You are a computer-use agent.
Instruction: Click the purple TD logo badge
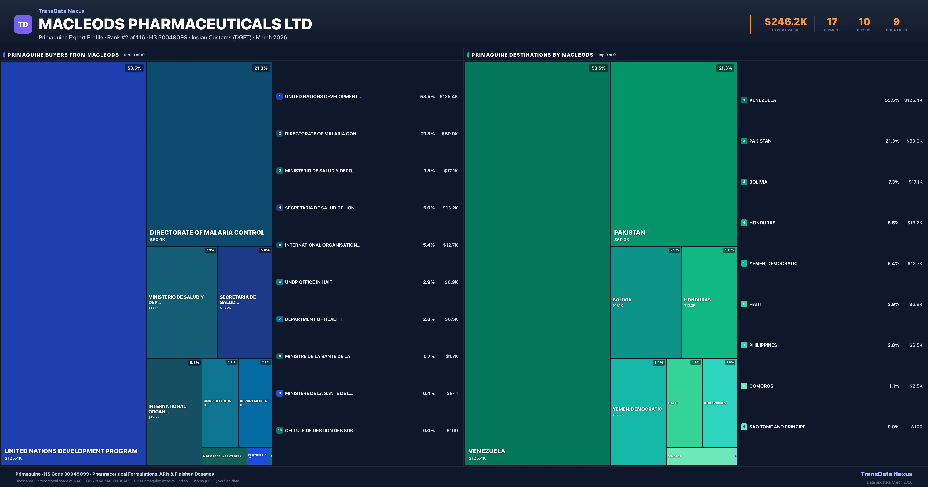tap(23, 25)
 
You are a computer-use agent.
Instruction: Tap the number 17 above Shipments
tap(832, 22)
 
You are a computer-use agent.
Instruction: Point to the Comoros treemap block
tap(700, 456)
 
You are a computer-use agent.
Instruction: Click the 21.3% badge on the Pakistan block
tap(725, 68)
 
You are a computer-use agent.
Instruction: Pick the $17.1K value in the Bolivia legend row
tap(915, 182)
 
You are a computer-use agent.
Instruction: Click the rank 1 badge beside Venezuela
tap(744, 100)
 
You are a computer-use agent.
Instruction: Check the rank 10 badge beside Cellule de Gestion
tap(280, 430)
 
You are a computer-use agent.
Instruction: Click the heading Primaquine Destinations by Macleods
tap(532, 55)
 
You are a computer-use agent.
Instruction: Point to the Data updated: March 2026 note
tap(889, 482)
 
